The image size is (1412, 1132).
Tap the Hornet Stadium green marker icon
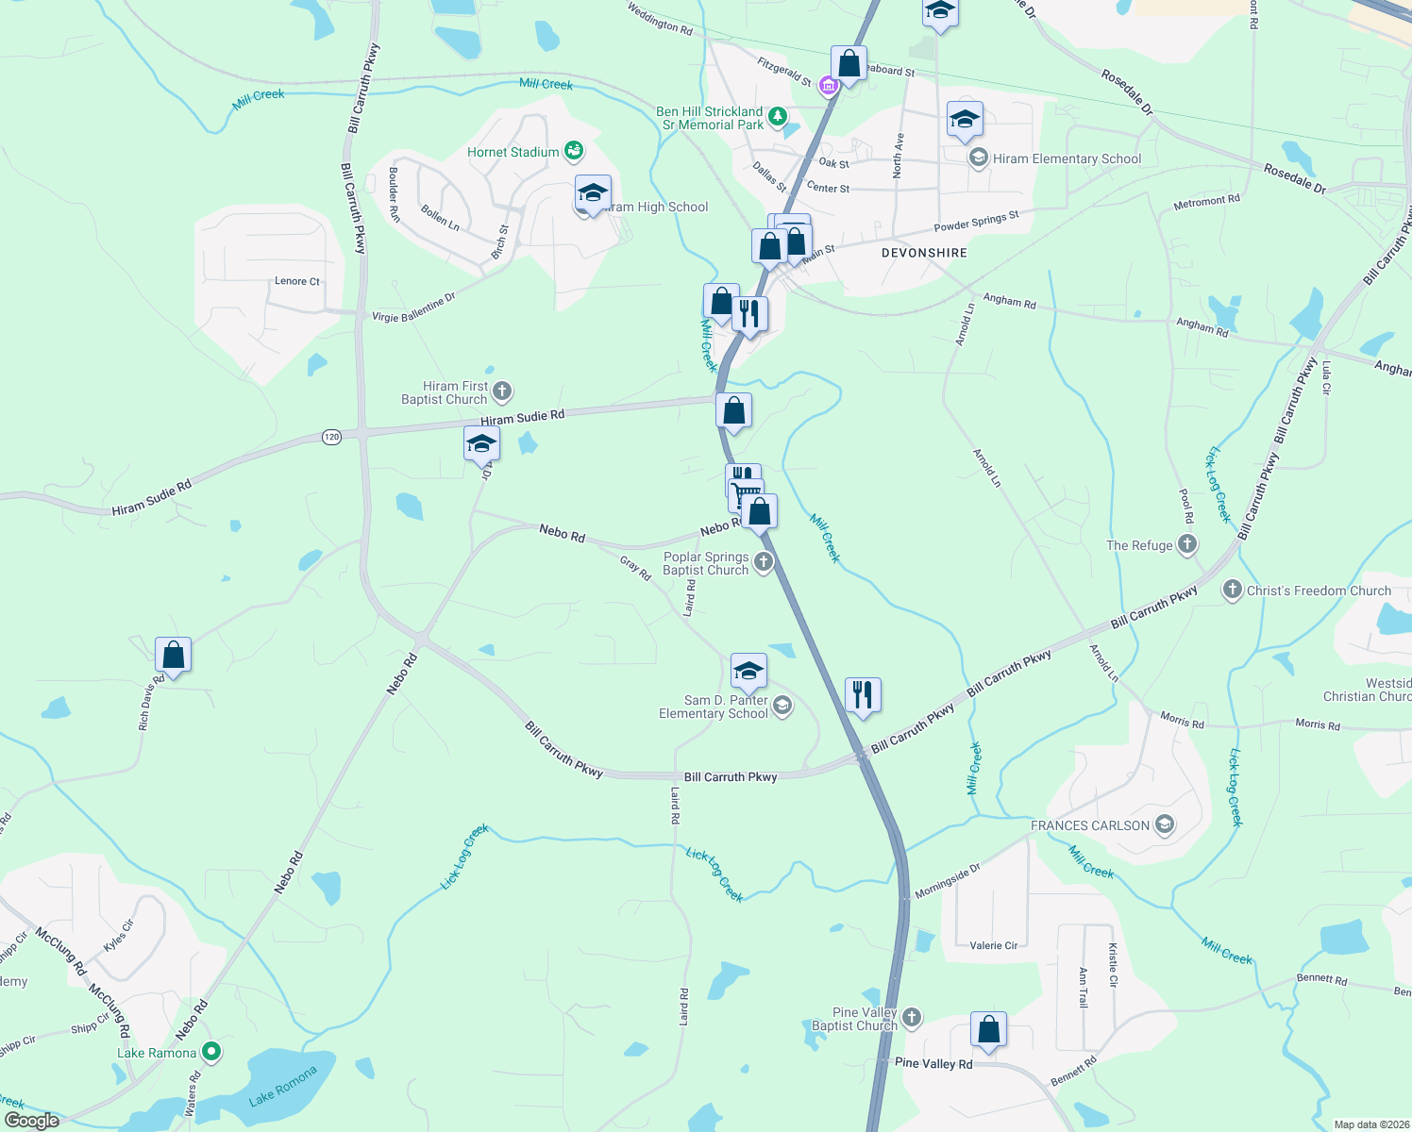[573, 151]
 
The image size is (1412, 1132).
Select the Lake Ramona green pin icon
[211, 1052]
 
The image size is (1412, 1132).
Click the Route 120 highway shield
[331, 437]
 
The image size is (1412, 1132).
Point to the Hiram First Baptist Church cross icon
[502, 391]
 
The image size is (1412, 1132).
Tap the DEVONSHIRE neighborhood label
[924, 253]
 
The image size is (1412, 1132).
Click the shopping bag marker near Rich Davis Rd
[174, 654]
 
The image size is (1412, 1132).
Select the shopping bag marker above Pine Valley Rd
[988, 1029]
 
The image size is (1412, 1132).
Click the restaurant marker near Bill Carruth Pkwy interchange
[863, 695]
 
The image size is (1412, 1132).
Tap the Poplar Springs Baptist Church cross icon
[764, 563]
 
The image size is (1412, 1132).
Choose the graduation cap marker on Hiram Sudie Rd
[481, 443]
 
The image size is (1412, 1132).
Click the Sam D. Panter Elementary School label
[714, 707]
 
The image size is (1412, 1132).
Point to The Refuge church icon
[1187, 544]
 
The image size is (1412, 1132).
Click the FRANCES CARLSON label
[1090, 825]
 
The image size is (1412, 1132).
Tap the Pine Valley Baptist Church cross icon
[911, 1017]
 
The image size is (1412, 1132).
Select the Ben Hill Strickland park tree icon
[777, 117]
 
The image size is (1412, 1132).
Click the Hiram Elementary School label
[1067, 158]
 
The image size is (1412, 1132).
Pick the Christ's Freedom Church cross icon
[1232, 591]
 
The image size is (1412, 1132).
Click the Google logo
[32, 1120]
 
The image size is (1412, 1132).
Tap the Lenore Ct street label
[297, 281]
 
